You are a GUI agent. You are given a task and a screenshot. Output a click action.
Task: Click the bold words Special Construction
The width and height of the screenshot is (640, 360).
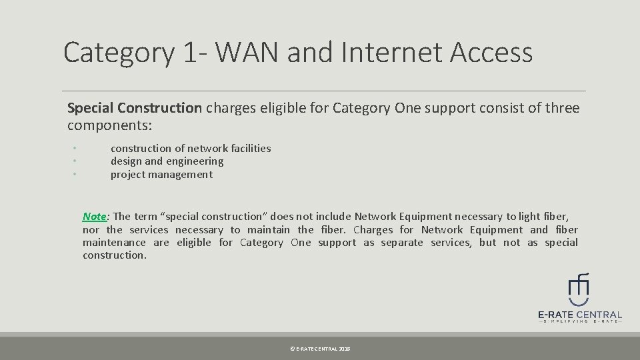coord(134,108)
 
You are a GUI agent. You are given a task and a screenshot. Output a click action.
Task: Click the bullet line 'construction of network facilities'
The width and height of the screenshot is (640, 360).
coord(191,148)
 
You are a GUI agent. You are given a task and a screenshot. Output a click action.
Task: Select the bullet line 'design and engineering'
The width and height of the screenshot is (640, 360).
coord(167,161)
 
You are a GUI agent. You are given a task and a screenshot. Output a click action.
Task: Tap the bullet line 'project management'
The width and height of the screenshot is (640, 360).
coord(161,175)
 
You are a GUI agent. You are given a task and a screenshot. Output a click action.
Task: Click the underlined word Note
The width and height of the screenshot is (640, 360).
coord(95,216)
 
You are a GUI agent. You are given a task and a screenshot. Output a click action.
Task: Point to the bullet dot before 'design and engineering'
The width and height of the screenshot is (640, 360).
coord(75,161)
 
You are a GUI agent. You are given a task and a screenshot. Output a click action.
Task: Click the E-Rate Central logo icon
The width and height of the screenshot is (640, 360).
coord(579,289)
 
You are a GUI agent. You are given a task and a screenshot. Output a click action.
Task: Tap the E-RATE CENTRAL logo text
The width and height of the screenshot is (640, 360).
coord(579,315)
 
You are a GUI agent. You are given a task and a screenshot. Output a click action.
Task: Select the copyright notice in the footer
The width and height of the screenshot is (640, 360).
coord(319,349)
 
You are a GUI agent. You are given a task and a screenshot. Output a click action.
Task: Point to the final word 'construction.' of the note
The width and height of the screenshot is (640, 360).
coord(114,255)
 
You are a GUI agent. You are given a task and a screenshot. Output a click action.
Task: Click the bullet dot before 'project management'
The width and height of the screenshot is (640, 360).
coord(75,174)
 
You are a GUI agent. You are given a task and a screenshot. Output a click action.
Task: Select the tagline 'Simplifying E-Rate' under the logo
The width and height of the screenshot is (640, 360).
coord(579,322)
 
